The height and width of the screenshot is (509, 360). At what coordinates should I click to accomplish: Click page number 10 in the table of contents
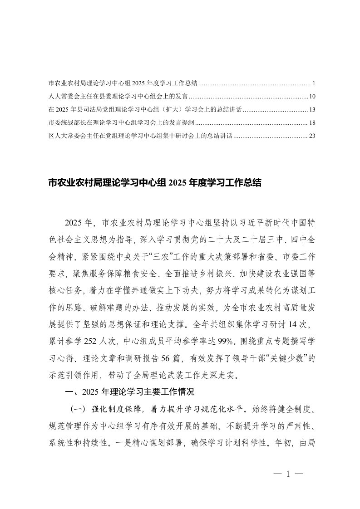311,97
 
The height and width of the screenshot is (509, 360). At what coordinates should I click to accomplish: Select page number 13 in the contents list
311,110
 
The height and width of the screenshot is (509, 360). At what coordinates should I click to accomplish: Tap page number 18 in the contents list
311,122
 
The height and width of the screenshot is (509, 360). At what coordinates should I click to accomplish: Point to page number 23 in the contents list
311,136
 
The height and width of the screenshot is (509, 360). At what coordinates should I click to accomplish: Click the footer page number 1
288,475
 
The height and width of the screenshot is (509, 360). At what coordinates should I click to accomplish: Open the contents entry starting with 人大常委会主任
118,97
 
